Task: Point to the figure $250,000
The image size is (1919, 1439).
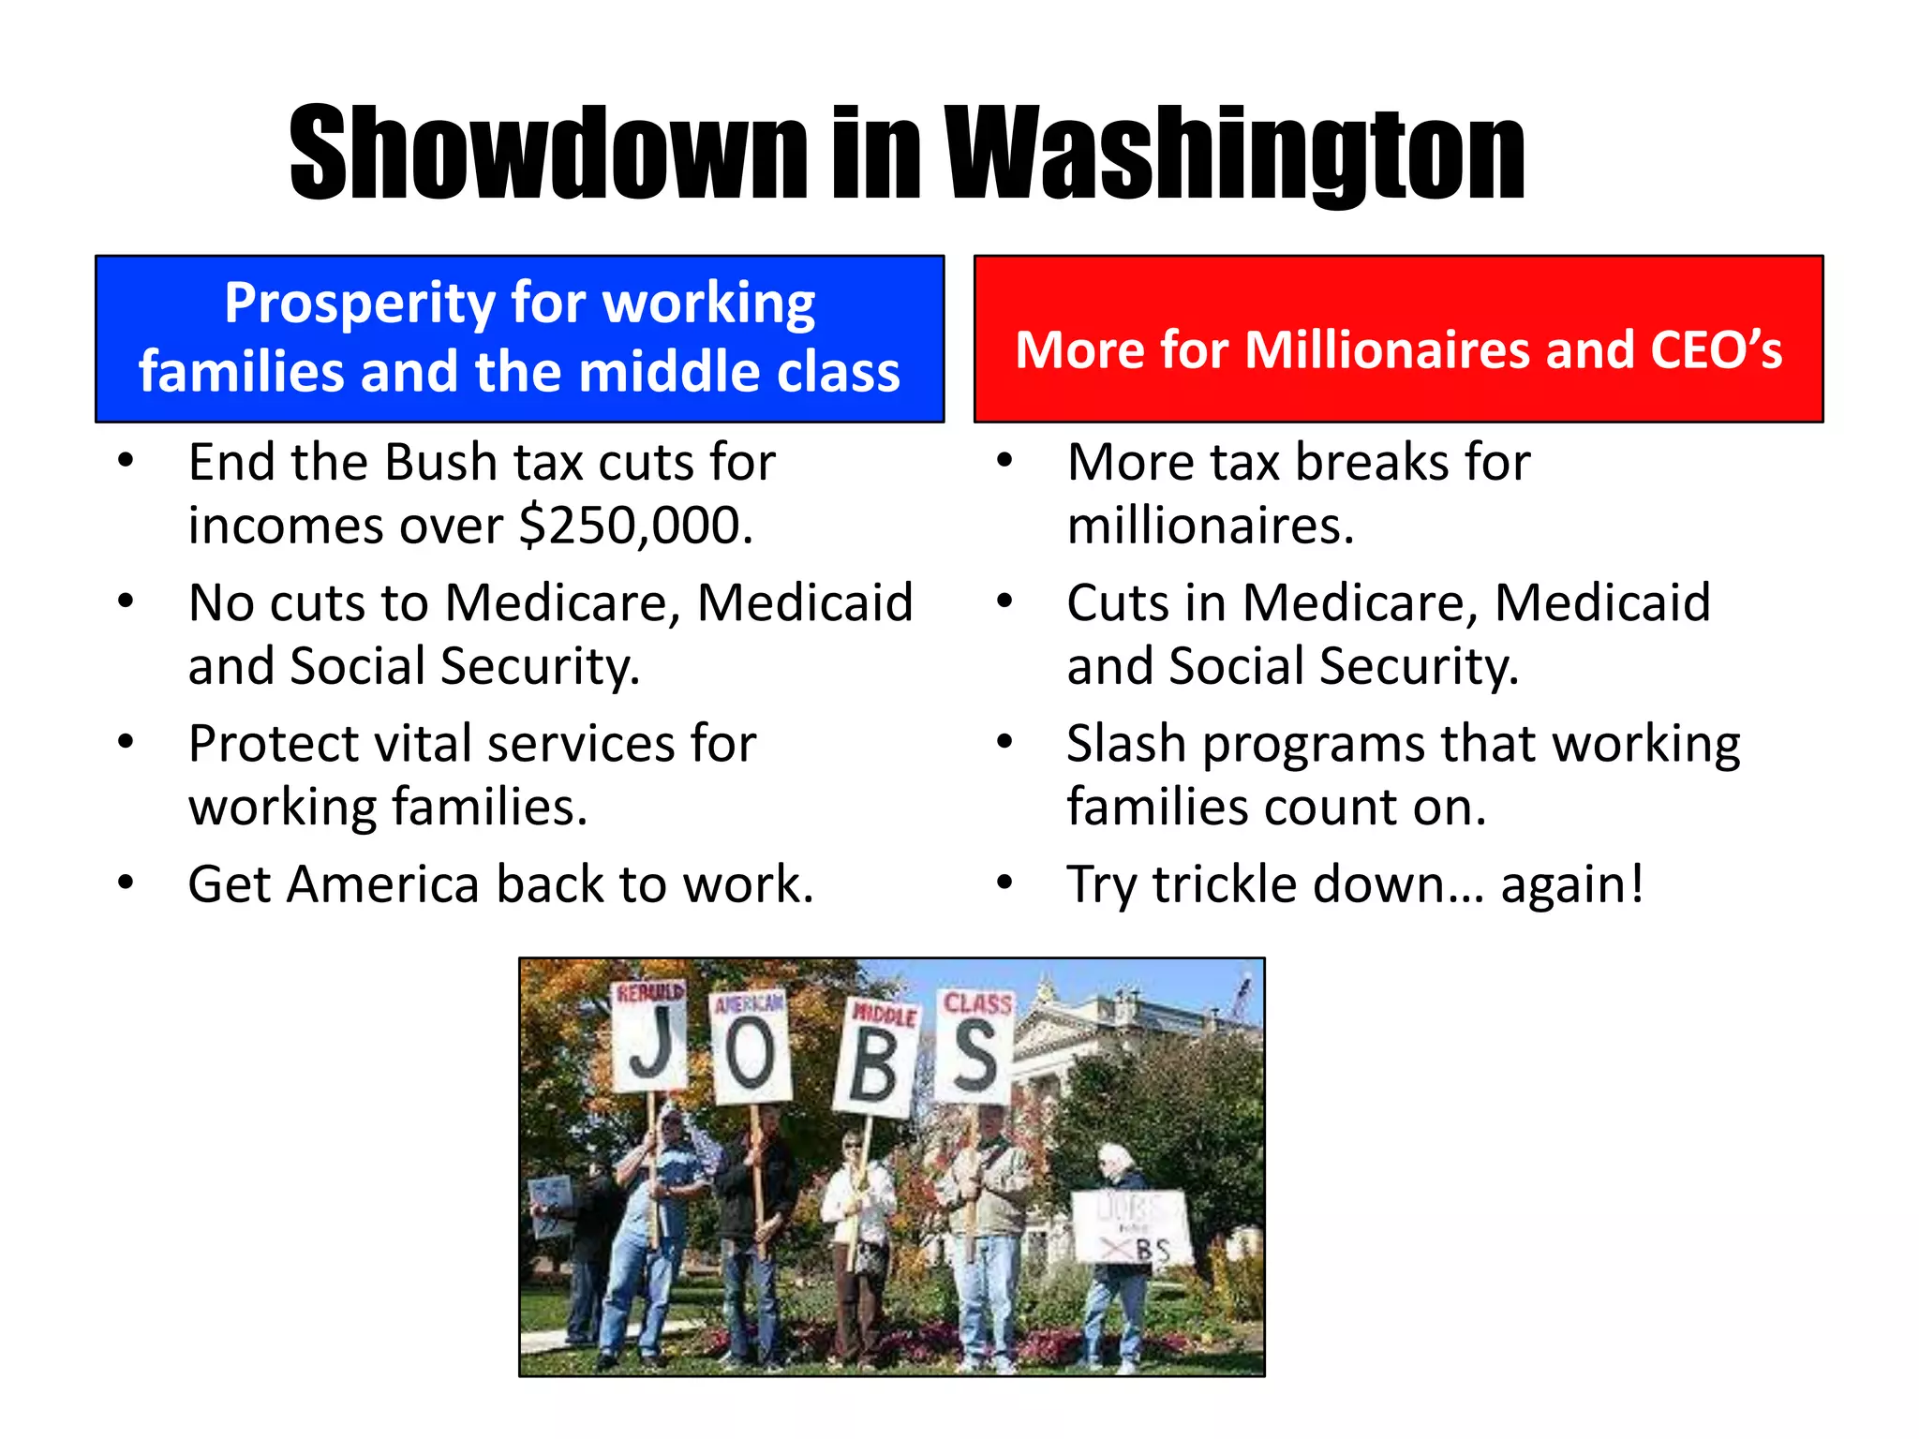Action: coord(636,525)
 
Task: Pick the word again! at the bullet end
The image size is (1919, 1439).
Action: coord(1571,884)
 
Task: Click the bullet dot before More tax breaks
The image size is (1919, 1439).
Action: coord(1005,461)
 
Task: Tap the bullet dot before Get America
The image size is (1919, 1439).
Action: coord(126,883)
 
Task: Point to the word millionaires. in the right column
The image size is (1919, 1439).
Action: coord(1211,525)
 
